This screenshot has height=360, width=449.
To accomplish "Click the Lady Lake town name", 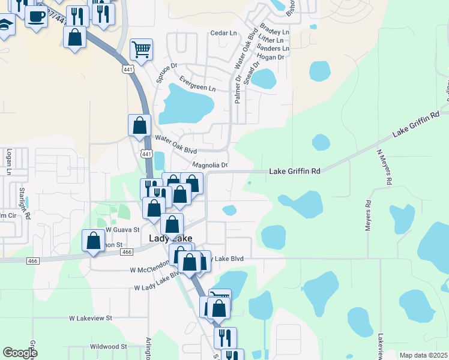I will pyautogui.click(x=170, y=239).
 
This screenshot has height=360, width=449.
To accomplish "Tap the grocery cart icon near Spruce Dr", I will pyautogui.click(x=141, y=49).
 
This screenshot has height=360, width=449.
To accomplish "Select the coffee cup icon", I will pyautogui.click(x=36, y=16).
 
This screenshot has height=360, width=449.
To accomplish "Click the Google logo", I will pyautogui.click(x=20, y=353).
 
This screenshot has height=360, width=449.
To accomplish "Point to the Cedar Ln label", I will pyautogui.click(x=223, y=34).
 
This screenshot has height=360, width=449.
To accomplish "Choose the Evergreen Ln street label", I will pyautogui.click(x=197, y=84).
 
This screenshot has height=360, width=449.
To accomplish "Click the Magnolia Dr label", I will pyautogui.click(x=210, y=165).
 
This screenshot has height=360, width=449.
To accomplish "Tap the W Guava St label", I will pyautogui.click(x=122, y=229).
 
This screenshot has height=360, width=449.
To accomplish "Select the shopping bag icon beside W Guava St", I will pyautogui.click(x=94, y=241).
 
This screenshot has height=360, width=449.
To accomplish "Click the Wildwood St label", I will pyautogui.click(x=108, y=346).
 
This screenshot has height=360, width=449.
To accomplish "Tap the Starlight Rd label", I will pyautogui.click(x=22, y=200).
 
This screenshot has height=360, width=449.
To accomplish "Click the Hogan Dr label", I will pyautogui.click(x=272, y=58).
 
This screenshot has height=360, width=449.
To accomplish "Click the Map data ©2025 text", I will pyautogui.click(x=423, y=355).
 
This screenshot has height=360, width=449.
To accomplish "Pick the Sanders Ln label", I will pyautogui.click(x=277, y=49).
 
